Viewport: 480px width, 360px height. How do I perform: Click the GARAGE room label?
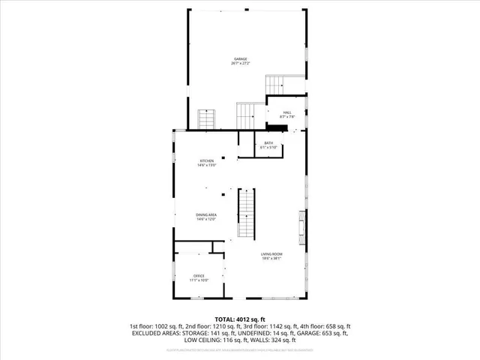pos(239,59)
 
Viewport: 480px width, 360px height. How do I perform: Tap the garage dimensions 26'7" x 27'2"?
pos(239,64)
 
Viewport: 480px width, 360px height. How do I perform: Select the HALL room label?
pos(287,112)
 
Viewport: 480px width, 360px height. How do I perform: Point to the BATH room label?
pos(268,142)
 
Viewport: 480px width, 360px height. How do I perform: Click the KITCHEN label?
pos(207,160)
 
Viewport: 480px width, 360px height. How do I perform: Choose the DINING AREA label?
pos(206,215)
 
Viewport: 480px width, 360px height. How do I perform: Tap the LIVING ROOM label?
pos(271,256)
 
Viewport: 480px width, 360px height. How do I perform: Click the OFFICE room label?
pos(199,276)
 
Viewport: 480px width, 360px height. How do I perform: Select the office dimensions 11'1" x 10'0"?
pos(199,280)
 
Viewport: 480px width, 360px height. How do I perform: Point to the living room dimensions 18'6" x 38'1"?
pos(271,260)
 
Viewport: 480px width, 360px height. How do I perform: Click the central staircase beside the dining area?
pos(247,213)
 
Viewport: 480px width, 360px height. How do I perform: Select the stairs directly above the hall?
pos(278,85)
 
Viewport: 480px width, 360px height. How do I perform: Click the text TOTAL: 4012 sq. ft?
pos(239,319)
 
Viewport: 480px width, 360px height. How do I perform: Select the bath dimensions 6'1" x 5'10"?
pos(268,147)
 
